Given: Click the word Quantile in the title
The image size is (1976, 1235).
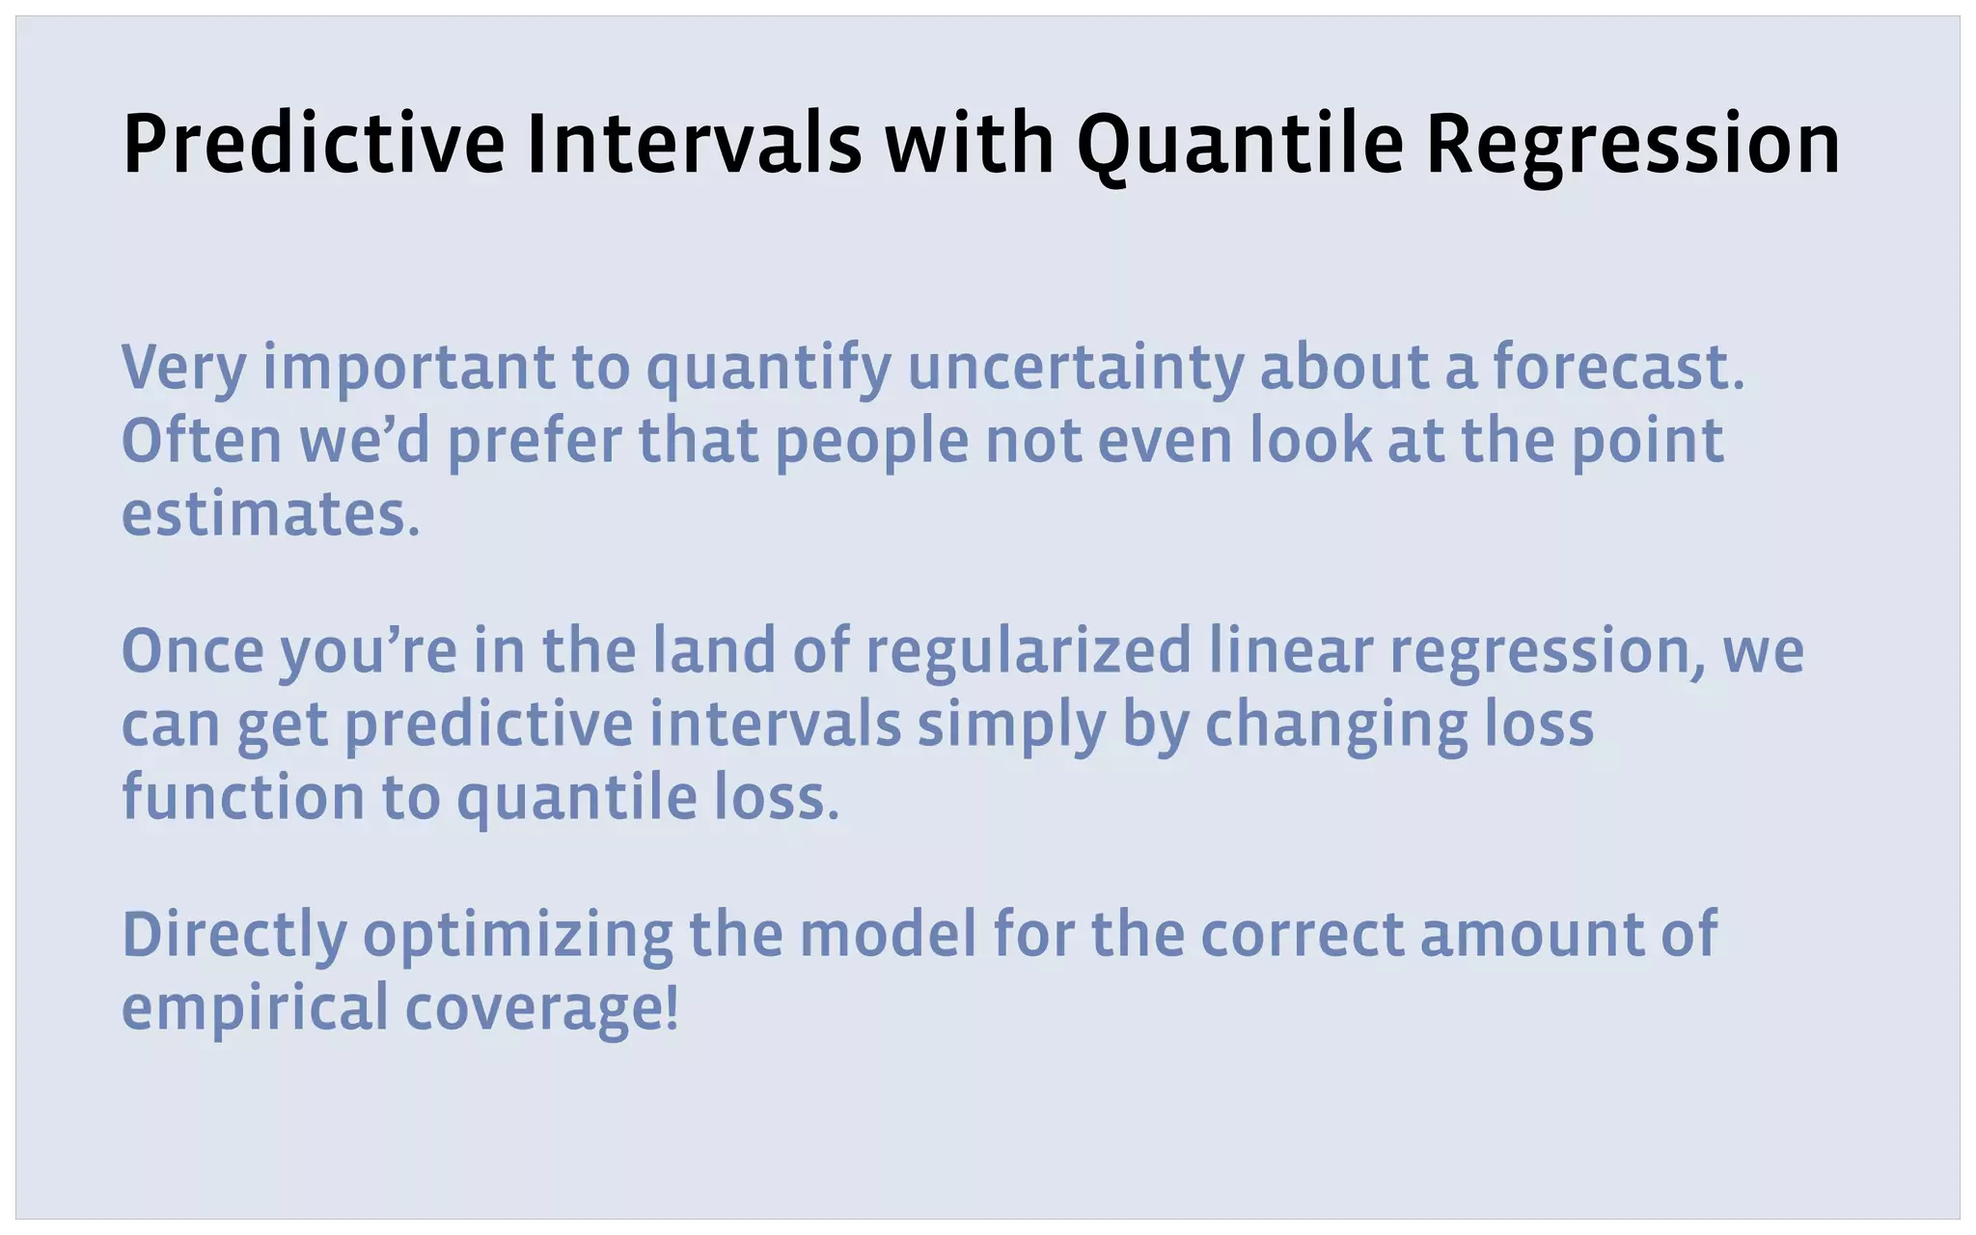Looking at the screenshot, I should (x=1239, y=145).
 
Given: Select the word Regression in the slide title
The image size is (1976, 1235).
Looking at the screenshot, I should (x=1633, y=145).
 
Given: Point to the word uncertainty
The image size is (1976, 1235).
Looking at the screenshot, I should (x=1075, y=369).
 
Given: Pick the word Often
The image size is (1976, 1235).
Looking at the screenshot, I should (x=202, y=441).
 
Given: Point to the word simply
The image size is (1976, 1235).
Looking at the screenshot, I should (x=1010, y=726).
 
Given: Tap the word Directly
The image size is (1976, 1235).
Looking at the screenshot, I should (x=233, y=936).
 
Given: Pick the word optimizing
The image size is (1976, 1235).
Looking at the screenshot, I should (x=517, y=936).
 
